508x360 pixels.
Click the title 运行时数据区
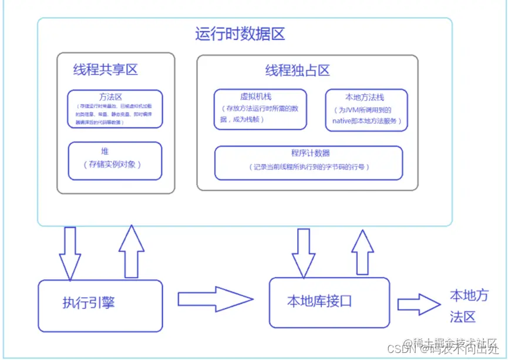click(240, 34)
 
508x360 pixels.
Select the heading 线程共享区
click(105, 70)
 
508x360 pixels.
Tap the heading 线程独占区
click(297, 71)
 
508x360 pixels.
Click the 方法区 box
click(115, 109)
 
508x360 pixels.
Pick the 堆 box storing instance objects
click(115, 161)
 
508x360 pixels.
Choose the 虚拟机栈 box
click(260, 109)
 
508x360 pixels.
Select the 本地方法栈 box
click(366, 109)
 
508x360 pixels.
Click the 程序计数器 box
click(309, 162)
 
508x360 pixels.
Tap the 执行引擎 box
click(100, 305)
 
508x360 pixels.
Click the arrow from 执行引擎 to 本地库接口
click(215, 299)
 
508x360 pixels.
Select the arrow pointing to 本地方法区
click(419, 304)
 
